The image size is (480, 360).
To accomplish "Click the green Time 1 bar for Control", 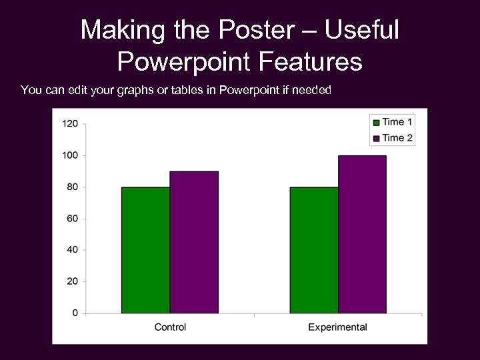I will coord(145,250).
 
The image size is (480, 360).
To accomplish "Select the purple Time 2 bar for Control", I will coord(194,242).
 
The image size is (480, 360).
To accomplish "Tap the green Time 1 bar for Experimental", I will coord(314,250).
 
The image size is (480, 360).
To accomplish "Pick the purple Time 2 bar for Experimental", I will coord(362,234).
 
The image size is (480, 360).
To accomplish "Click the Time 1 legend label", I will coord(397,122).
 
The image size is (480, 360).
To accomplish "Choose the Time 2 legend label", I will coord(397,138).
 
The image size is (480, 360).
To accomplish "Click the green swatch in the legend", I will coord(376,122).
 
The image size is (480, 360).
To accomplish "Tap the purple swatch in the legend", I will coord(376,138).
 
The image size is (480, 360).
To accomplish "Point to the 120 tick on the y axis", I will coord(70,124).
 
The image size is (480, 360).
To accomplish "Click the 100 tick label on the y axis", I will coord(70,155).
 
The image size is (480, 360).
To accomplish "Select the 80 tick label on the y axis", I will coord(72,187).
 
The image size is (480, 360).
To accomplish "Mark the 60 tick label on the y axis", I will coord(72,219).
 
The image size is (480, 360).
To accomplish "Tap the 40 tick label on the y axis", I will coord(72,250).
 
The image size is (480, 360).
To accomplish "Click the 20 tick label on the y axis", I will coord(72,281).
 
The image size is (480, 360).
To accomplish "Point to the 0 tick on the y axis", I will coord(75,313).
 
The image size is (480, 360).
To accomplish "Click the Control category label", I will coord(170,327).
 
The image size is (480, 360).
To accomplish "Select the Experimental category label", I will coord(337,327).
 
